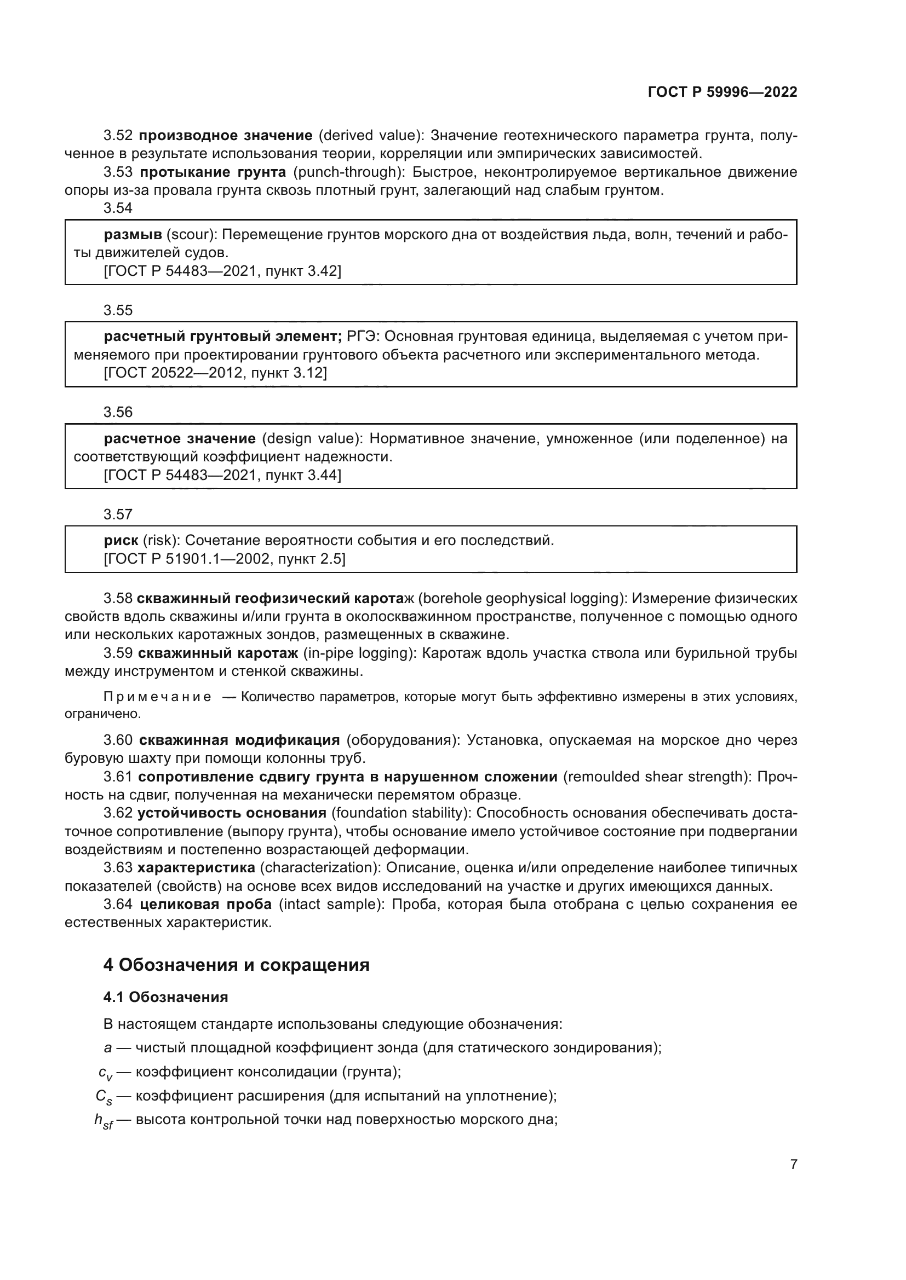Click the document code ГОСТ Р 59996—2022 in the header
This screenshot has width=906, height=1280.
[x=722, y=92]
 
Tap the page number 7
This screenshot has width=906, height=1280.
[x=793, y=1164]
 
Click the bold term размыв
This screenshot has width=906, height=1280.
[x=133, y=235]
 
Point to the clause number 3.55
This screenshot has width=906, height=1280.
[x=118, y=310]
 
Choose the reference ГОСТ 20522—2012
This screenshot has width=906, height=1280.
[x=176, y=373]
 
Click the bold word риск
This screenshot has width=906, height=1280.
[x=121, y=540]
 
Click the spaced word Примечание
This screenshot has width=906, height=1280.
[x=157, y=697]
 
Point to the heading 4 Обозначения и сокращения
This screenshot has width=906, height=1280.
[x=236, y=964]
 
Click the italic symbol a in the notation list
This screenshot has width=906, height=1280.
[x=108, y=1047]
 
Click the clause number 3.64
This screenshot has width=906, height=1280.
[x=118, y=904]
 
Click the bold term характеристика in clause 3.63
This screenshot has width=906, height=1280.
[x=196, y=868]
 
